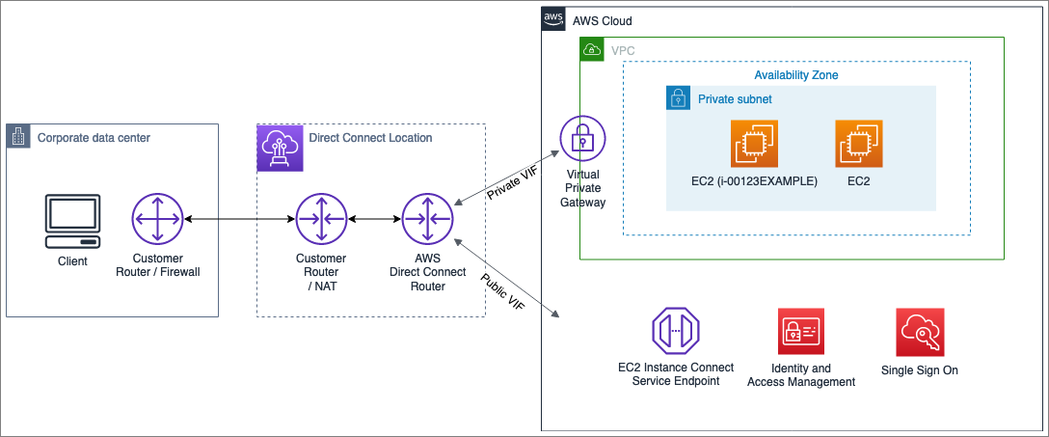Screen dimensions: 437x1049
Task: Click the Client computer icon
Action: point(71,221)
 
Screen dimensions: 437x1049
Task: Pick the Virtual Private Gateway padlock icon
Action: point(582,140)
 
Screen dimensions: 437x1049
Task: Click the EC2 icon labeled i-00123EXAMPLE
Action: point(754,145)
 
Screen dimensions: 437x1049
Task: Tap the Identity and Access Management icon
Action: point(801,333)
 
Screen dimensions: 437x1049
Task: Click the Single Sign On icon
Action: point(920,333)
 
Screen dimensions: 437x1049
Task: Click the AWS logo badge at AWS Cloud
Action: point(553,19)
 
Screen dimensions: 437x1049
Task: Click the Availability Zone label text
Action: point(795,74)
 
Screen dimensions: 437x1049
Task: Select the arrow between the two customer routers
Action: point(238,220)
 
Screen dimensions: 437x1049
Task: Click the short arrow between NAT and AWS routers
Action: point(373,220)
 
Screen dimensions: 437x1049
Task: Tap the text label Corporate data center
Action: point(94,138)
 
